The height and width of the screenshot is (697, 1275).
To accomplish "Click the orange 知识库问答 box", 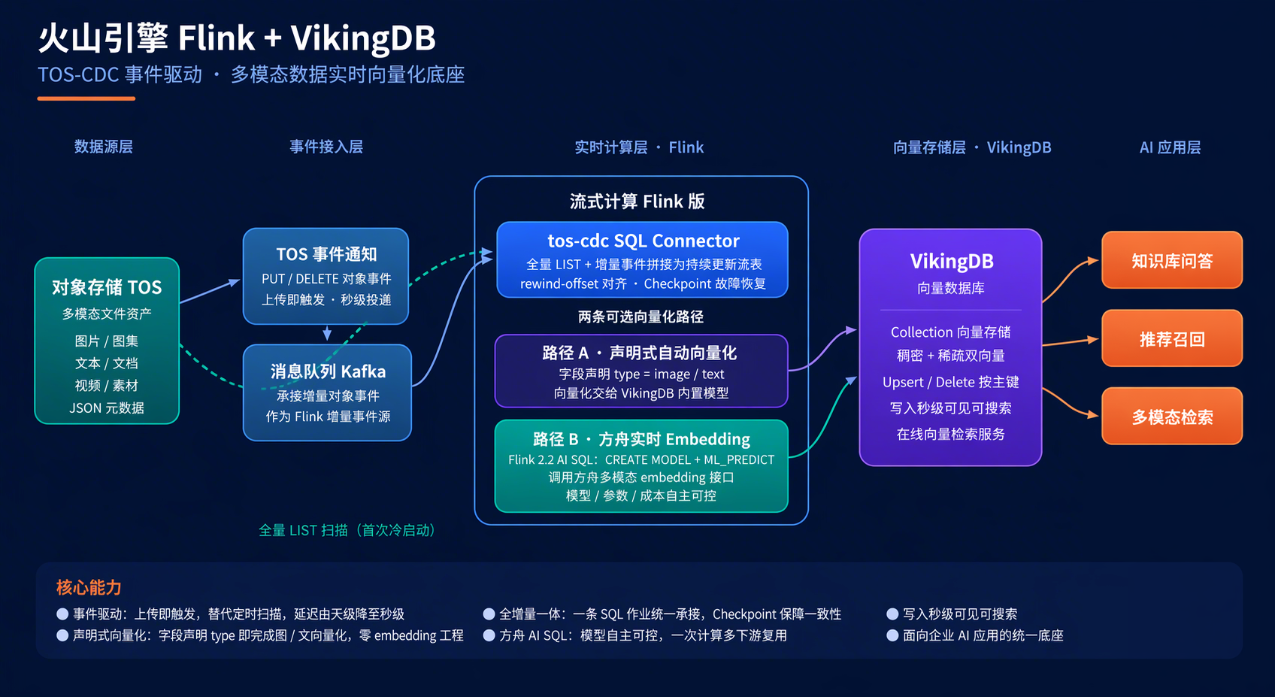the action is pyautogui.click(x=1172, y=260).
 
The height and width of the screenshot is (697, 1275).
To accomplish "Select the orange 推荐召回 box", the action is pyautogui.click(x=1172, y=338).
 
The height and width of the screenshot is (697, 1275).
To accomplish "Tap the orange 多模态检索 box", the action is pyautogui.click(x=1172, y=417).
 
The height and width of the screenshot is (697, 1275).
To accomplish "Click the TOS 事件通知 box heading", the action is pyautogui.click(x=326, y=254).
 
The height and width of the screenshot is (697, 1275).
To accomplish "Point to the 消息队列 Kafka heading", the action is pyautogui.click(x=328, y=371).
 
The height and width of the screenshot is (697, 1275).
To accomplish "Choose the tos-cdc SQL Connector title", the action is pyautogui.click(x=644, y=241).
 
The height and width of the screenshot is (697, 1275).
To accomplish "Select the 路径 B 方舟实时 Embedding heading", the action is pyautogui.click(x=641, y=439).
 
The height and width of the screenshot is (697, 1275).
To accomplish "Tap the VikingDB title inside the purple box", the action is pyautogui.click(x=952, y=262).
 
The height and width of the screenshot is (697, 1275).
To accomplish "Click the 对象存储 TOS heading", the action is pyautogui.click(x=107, y=287).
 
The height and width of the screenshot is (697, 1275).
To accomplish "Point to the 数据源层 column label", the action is pyautogui.click(x=104, y=147).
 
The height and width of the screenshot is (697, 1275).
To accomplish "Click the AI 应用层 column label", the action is pyautogui.click(x=1171, y=147).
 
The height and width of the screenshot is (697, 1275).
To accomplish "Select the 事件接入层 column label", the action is pyautogui.click(x=326, y=147).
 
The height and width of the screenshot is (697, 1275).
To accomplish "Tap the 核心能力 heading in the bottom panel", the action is pyautogui.click(x=89, y=587).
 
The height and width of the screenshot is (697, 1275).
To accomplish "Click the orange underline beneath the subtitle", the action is pyautogui.click(x=86, y=98).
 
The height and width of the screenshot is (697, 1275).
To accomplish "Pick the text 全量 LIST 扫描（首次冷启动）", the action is pyautogui.click(x=347, y=530).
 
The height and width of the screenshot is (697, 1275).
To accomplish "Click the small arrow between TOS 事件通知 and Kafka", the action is pyautogui.click(x=327, y=332).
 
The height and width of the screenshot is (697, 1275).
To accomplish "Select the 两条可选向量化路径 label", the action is pyautogui.click(x=641, y=317).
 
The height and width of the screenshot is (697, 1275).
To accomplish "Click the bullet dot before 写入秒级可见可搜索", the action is pyautogui.click(x=892, y=614).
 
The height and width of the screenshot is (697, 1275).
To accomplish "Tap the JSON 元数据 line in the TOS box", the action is pyautogui.click(x=107, y=408).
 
